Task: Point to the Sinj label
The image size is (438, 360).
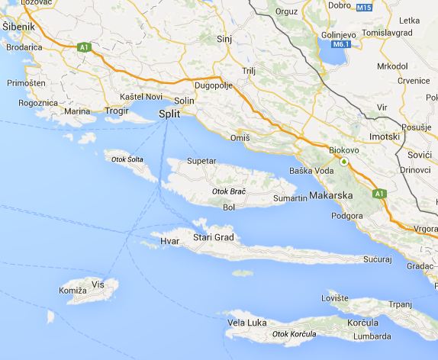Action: point(223,37)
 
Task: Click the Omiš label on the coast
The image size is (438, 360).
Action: point(240,138)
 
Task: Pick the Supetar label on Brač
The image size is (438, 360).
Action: point(201,161)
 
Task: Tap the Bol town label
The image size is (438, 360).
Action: point(228,207)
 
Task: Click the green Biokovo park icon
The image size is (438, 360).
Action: point(343,162)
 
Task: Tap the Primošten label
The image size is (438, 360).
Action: point(25,82)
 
